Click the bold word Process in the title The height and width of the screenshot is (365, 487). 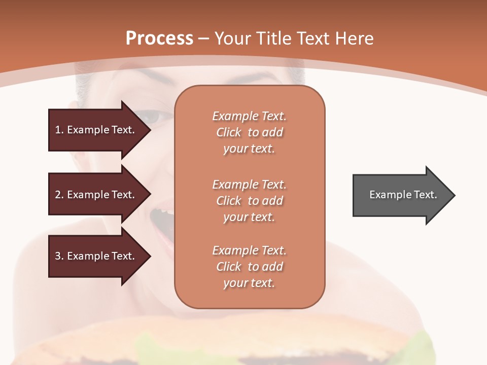click(159, 38)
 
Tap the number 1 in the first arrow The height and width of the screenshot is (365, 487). click(58, 130)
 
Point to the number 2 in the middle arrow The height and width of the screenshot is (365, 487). click(58, 195)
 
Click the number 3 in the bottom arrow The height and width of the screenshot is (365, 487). click(58, 256)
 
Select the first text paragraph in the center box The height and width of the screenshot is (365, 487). click(249, 132)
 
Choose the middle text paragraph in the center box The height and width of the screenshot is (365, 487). click(249, 201)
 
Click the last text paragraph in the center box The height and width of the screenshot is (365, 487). click(249, 267)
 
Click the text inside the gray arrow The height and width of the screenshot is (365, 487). click(403, 195)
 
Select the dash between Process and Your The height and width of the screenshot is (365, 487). click(203, 39)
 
